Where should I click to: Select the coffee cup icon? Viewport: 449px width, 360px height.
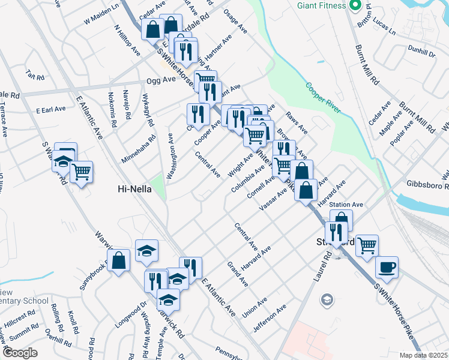click(387, 267)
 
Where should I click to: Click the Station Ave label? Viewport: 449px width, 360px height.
click(350, 205)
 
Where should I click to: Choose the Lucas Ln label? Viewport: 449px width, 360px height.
click(384, 29)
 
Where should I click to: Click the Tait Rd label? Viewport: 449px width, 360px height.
click(35, 77)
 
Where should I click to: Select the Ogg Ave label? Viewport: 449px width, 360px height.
click(161, 80)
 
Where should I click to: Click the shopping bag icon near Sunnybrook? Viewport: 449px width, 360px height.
click(119, 260)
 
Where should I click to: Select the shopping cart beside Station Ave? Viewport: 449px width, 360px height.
click(366, 245)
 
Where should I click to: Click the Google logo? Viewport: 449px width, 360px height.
click(20, 353)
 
